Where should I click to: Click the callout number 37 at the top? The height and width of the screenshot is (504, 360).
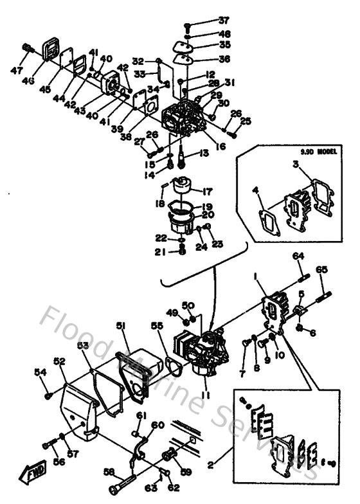pyautogui.click(x=206, y=20)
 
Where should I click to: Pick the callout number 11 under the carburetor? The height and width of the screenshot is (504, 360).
pyautogui.click(x=205, y=394)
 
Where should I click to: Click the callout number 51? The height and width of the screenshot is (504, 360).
pyautogui.click(x=120, y=327)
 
